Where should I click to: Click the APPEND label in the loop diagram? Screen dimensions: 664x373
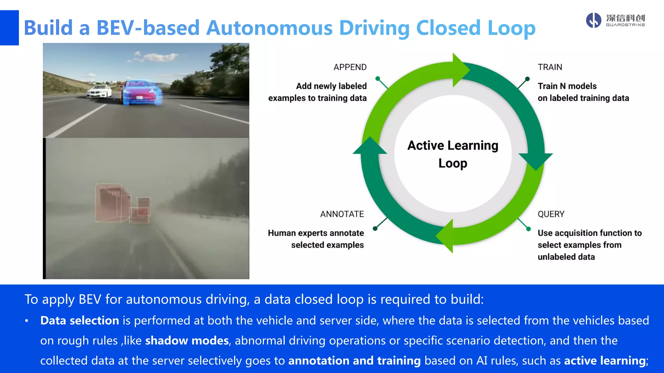(350, 67)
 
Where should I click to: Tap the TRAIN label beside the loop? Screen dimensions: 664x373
(550, 67)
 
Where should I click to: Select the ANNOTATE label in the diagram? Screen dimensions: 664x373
(342, 214)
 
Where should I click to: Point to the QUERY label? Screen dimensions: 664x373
(551, 214)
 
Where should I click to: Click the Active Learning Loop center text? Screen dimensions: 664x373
(453, 154)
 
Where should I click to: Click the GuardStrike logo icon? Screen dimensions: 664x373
(594, 20)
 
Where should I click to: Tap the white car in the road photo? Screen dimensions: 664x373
(99, 91)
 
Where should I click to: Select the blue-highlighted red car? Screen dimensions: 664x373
(141, 92)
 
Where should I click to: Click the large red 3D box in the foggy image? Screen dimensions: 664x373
(112, 203)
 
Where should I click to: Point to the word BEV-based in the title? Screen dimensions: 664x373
(148, 28)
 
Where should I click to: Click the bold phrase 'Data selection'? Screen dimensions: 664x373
(79, 321)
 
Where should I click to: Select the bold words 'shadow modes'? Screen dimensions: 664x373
(187, 341)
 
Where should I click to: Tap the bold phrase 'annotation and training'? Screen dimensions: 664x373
(354, 361)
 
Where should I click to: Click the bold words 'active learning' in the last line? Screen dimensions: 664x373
(605, 361)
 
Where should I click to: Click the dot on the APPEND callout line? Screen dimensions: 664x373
(377, 79)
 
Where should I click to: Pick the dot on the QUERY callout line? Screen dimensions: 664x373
(528, 229)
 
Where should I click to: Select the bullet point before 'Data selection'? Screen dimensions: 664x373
(27, 321)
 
